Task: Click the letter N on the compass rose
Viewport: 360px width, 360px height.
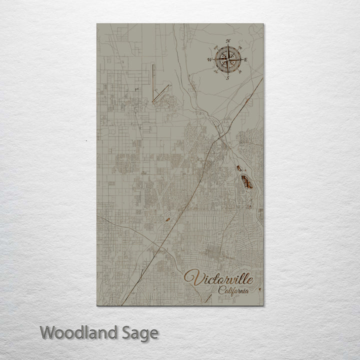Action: [x=228, y=40]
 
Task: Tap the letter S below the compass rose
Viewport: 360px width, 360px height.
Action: [x=227, y=78]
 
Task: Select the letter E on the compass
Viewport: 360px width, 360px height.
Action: [x=246, y=59]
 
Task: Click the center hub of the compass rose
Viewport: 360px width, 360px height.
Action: [x=228, y=59]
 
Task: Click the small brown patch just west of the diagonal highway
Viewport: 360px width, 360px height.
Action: [x=166, y=218]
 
